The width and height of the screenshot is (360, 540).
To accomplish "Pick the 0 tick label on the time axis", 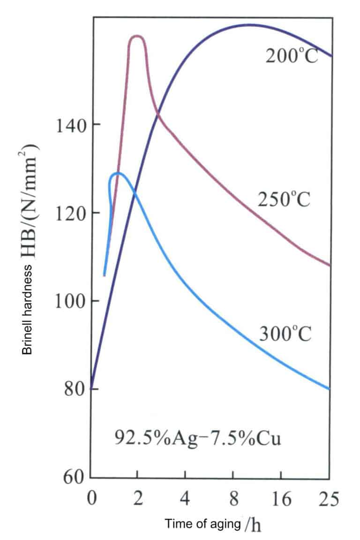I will [92, 499].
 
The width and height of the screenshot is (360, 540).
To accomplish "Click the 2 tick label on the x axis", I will [137, 499].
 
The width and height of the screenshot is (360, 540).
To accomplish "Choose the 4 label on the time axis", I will [185, 499].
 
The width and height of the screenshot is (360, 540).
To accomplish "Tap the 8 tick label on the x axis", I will [233, 499].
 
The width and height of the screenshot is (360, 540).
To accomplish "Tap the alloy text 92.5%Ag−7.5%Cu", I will [198, 440].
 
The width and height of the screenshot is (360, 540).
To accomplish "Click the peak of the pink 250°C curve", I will [137, 36].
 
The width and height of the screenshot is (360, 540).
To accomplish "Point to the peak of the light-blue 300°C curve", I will [117, 173].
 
